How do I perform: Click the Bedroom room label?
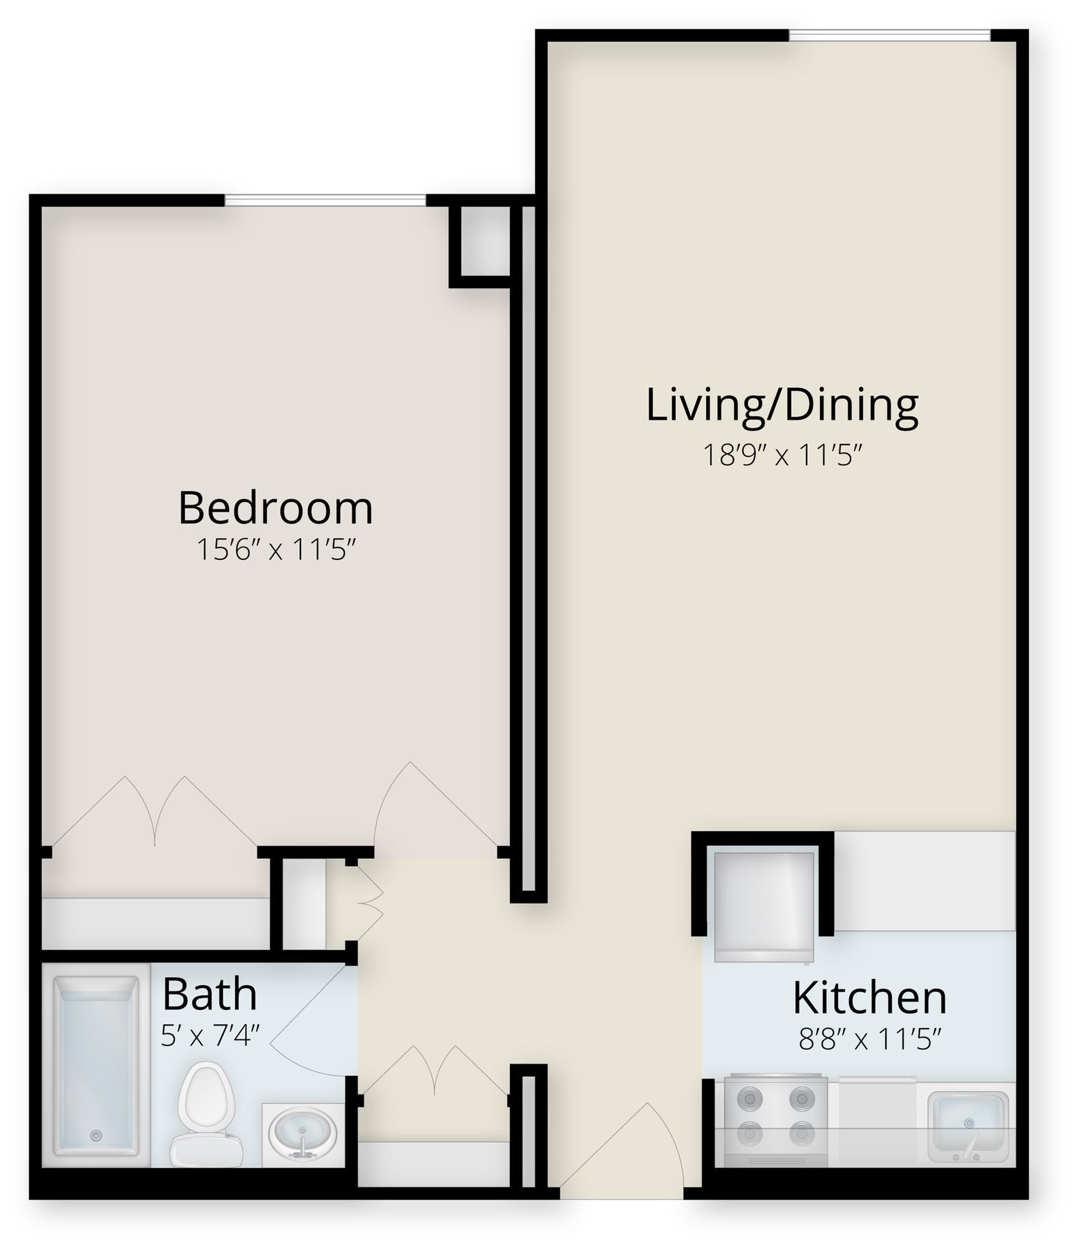coord(276,508)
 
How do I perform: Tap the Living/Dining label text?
coord(782,405)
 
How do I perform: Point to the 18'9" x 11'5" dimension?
coord(782,455)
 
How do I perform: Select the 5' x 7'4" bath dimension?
coord(209,1036)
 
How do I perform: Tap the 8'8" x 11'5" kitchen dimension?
coord(869,1040)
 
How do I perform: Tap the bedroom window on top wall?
coord(325,200)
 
